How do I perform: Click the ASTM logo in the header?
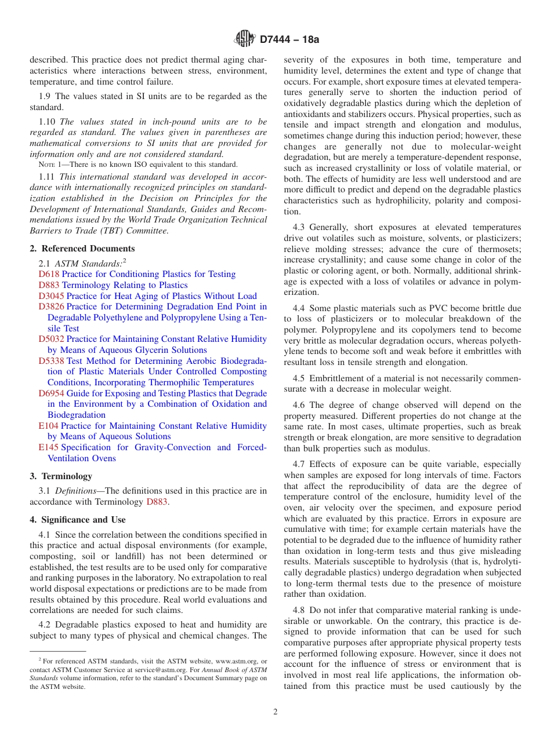[244, 39]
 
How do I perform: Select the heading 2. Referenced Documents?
[74, 249]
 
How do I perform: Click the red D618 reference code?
[49, 274]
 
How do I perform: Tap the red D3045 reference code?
[52, 296]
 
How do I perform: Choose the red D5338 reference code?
[52, 361]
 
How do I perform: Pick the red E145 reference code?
[49, 447]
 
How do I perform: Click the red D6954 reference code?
[52, 393]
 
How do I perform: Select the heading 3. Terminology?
[61, 476]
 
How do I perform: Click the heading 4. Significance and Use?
[78, 520]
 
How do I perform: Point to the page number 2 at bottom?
[275, 712]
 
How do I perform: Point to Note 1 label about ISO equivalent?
[52, 165]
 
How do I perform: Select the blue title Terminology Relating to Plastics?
[125, 285]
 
